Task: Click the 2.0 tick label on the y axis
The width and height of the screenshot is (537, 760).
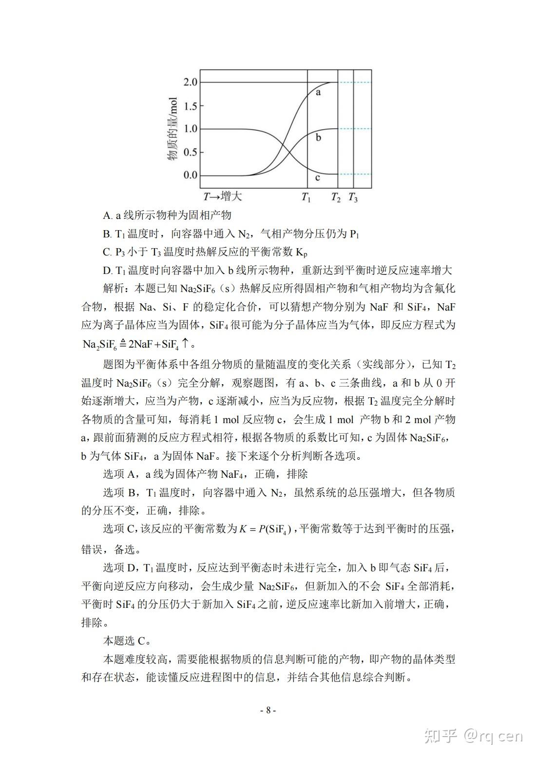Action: coord(190,82)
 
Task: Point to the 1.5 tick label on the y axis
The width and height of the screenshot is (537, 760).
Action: coord(190,106)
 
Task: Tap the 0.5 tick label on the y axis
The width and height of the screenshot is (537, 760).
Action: coord(190,152)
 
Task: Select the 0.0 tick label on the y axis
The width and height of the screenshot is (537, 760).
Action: coord(190,175)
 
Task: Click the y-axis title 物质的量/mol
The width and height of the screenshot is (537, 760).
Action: coord(172,129)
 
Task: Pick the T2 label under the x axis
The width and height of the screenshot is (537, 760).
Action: coord(336,197)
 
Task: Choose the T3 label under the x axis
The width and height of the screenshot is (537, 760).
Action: coord(353,197)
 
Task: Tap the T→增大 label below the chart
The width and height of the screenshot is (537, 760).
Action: coord(223,196)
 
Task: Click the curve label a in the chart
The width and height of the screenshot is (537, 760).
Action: coord(318,92)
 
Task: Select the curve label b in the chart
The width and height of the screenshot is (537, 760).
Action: coord(318,137)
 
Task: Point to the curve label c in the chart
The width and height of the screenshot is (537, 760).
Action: coord(318,177)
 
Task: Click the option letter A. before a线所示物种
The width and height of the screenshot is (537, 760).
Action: coord(108,215)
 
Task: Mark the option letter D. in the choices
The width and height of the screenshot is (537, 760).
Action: coord(108,270)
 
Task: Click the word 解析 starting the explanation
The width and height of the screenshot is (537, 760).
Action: coord(114,288)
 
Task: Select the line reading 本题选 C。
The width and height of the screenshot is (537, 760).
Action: coord(127,641)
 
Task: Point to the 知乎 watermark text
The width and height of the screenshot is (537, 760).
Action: coord(441,736)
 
